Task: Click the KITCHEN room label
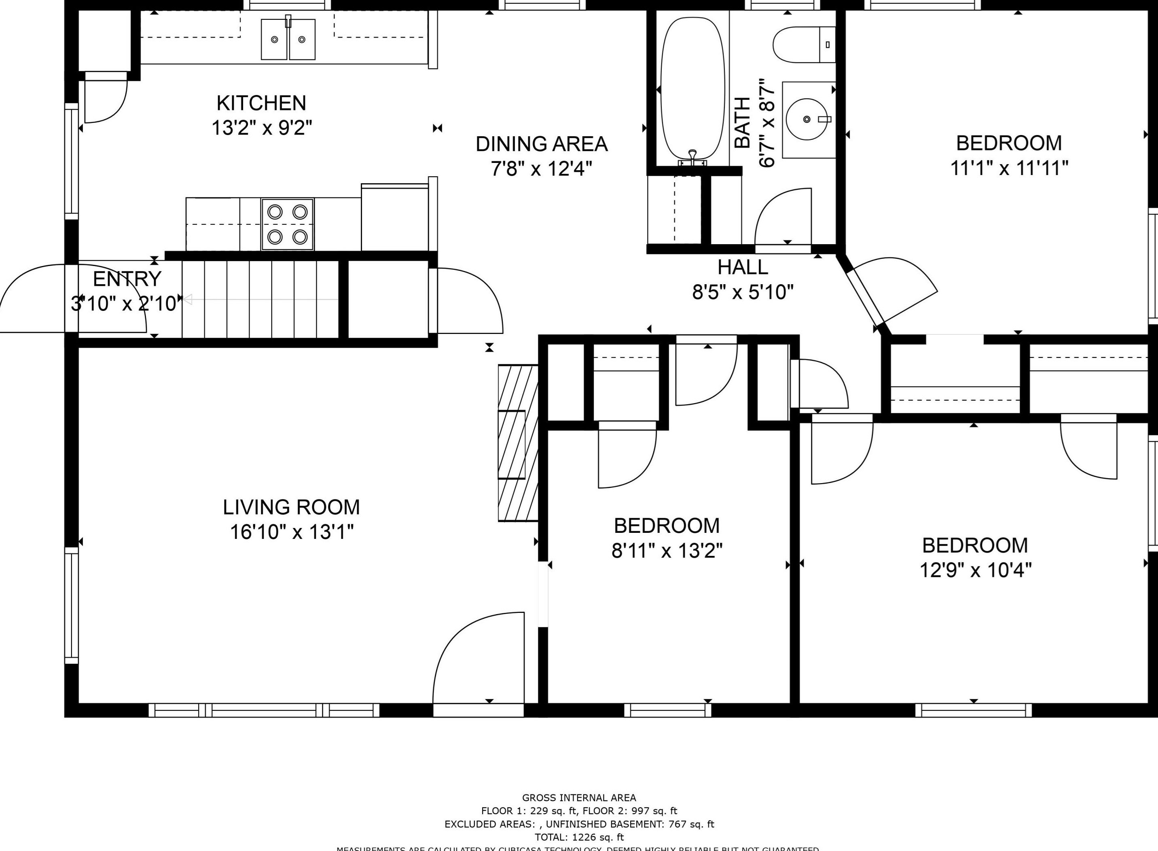(261, 103)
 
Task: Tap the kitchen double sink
(288, 40)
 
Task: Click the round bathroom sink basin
(807, 120)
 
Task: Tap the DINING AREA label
(541, 144)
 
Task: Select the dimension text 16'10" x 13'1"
(292, 532)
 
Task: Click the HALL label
(743, 267)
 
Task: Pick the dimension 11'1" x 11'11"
(1008, 168)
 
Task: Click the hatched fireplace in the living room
(517, 443)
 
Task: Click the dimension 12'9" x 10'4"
(975, 570)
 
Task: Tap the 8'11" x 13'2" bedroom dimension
(667, 551)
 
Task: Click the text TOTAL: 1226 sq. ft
(579, 837)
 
